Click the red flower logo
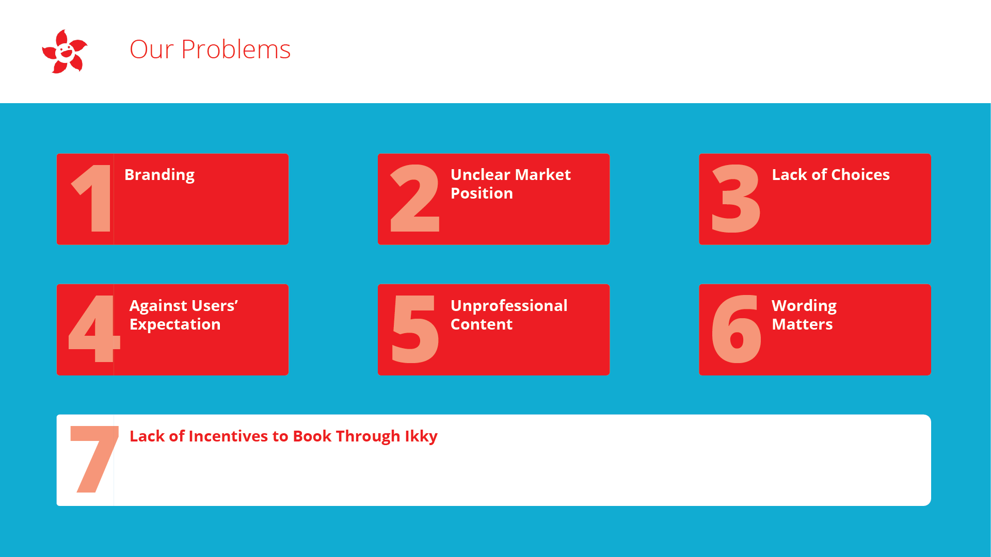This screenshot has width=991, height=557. coord(65,52)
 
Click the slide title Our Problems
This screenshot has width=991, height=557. coord(210,50)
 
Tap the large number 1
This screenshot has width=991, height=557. coord(93,199)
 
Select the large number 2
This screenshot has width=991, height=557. coord(415,199)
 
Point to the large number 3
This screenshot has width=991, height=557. coord(736,199)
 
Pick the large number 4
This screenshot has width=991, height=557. coord(94,329)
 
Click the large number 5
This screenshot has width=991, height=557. coord(415,330)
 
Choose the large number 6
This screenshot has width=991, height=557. coord(736,329)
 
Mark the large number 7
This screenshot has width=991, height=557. coord(94,459)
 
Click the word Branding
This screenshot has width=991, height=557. coord(159,175)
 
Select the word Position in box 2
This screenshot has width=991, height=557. coord(482,193)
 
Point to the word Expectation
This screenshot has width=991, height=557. coord(175,325)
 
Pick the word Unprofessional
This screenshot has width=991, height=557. coord(509,306)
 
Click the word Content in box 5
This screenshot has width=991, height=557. coord(482,324)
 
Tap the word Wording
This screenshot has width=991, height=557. coord(804,306)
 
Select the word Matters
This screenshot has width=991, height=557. coord(802,324)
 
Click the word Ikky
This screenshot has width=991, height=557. coord(421,437)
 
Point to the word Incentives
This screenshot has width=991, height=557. coord(229,436)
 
